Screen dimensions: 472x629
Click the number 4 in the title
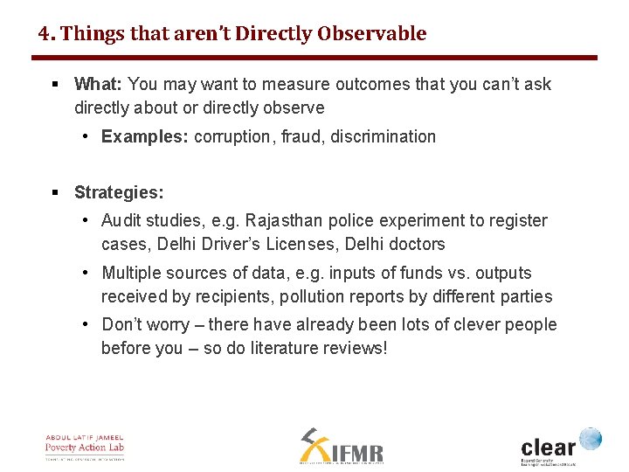pos(44,34)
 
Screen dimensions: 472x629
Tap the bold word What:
pos(99,85)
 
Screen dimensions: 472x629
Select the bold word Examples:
pos(145,136)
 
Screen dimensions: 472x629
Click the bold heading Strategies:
pos(119,192)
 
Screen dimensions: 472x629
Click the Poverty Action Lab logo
pos(86,447)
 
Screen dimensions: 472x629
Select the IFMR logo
pos(342,447)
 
